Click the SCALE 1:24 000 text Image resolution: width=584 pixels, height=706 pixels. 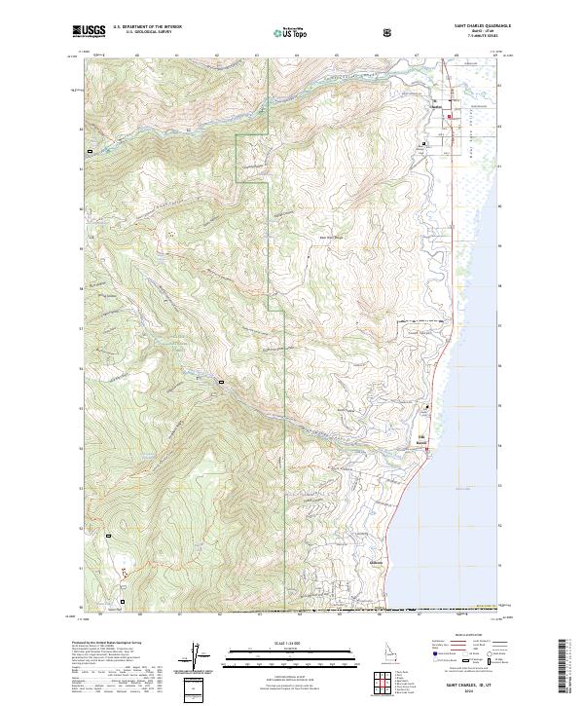click(x=291, y=642)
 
